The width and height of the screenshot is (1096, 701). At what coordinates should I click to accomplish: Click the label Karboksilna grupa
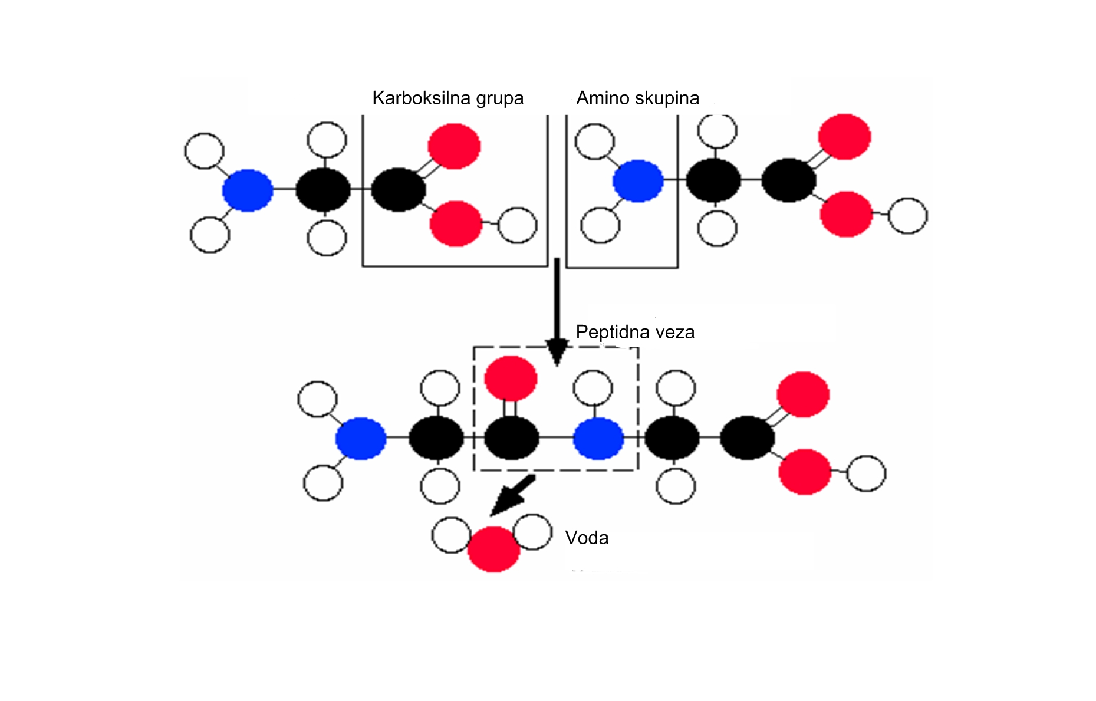(x=448, y=98)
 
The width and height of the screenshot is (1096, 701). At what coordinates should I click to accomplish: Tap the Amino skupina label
(x=638, y=98)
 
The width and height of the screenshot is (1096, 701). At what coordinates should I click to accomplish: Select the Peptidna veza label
(x=635, y=333)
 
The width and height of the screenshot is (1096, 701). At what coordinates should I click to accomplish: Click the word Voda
(x=587, y=538)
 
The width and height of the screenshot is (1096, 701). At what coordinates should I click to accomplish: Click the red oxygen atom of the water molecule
(x=493, y=549)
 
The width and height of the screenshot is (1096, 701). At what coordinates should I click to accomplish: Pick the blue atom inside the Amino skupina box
(x=638, y=181)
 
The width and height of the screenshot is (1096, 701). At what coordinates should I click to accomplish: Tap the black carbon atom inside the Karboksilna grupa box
(x=399, y=190)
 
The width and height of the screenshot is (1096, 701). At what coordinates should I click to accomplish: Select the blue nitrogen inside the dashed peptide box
(x=598, y=438)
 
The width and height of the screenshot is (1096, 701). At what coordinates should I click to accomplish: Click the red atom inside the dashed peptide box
(x=511, y=379)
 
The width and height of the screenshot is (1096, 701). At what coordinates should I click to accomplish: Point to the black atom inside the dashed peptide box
(x=511, y=438)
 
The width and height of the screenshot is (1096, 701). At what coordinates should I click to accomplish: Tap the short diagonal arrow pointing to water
(x=512, y=495)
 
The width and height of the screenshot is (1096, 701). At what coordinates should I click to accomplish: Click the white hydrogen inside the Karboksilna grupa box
(x=518, y=225)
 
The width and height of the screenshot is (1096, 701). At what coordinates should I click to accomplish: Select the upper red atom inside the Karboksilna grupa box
(x=454, y=146)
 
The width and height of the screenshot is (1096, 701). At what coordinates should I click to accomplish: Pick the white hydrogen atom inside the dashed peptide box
(x=593, y=388)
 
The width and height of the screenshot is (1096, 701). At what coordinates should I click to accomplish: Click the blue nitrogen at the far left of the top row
(x=248, y=190)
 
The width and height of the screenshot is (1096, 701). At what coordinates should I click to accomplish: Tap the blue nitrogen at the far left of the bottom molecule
(x=361, y=439)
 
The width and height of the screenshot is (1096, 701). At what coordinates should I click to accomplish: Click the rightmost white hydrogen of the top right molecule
(x=908, y=216)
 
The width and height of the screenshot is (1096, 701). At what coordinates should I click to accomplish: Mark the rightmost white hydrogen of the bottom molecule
(x=866, y=473)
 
